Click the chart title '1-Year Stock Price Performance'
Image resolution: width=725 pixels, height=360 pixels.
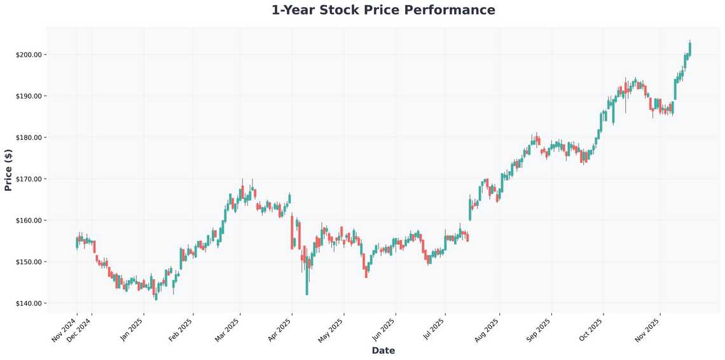point(383,10)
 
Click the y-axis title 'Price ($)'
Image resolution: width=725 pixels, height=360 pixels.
point(8,170)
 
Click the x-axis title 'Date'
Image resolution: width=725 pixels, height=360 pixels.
point(383,350)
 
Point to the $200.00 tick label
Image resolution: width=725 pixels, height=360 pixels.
point(29,55)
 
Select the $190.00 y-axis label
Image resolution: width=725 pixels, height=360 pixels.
point(29,96)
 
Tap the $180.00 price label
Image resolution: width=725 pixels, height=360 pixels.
point(29,137)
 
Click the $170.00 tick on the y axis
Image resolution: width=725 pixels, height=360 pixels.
point(29,179)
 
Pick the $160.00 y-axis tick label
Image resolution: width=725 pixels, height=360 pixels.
point(29,221)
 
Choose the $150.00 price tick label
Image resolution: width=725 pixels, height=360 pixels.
point(29,262)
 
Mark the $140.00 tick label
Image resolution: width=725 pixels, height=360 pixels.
point(29,303)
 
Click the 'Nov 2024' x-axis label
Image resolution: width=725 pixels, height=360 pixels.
point(64,329)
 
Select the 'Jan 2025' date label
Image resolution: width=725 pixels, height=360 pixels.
point(132,329)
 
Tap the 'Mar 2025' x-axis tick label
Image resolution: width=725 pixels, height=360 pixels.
point(228,329)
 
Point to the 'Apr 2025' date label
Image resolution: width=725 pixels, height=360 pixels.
point(280,329)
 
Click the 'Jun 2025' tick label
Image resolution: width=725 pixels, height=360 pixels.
point(383,329)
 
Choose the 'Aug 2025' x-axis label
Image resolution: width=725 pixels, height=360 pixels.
point(488,329)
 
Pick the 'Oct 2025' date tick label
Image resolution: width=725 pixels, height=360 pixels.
point(591,329)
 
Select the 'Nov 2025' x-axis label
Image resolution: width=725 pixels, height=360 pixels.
point(648,329)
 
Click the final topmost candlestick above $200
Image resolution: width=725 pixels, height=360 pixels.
point(690,48)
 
